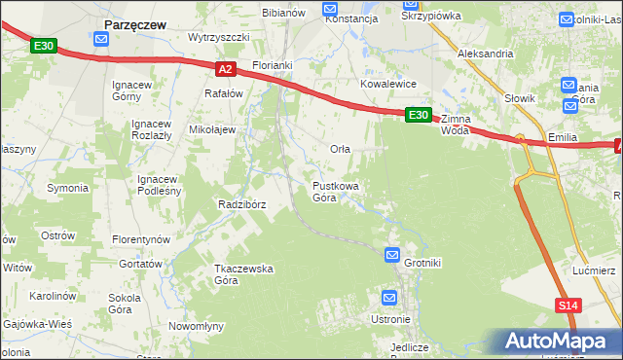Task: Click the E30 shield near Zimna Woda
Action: (x=418, y=115)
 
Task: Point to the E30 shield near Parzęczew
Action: (x=43, y=46)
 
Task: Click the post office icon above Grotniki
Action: (x=391, y=255)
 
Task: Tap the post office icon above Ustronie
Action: (x=389, y=298)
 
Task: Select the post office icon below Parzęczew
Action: (x=101, y=39)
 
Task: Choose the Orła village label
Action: (x=340, y=149)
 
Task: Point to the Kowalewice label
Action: (x=388, y=85)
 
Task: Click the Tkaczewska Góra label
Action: (x=243, y=273)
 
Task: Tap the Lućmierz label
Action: (x=595, y=270)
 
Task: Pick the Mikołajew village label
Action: (x=212, y=128)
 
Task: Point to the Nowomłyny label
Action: (x=198, y=326)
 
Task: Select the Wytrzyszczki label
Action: (x=219, y=37)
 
